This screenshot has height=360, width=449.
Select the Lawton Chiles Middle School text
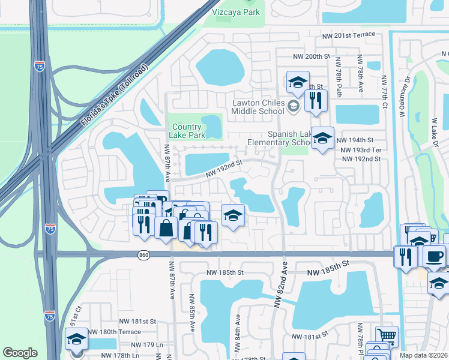coord(258,107)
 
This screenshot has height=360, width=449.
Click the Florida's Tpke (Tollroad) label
coord(114,94)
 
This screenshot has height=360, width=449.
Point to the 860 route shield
coord(143,254)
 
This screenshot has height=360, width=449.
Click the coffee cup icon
coord(434,255)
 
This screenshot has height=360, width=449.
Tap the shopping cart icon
coord(387,336)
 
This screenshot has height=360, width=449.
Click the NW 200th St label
coord(312,56)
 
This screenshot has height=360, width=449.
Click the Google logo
coord(20,353)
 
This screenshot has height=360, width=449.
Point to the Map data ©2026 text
coord(424,356)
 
